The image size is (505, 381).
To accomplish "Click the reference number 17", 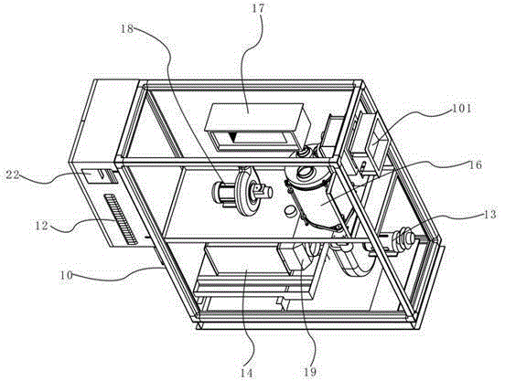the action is [258, 9].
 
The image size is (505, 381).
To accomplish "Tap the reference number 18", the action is [127, 28].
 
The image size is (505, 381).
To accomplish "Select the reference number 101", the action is [461, 109].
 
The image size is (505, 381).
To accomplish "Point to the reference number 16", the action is [476, 165].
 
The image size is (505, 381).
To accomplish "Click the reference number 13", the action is [489, 215].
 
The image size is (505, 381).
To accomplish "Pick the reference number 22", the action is [13, 175].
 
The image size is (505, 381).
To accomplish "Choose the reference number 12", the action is [41, 226].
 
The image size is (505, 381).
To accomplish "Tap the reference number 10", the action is [66, 276].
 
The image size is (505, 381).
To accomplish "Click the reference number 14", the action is [246, 373].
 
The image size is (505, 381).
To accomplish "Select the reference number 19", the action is [309, 372].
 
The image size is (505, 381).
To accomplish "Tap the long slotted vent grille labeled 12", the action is [120, 218].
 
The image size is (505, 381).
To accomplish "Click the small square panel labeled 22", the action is [93, 176].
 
